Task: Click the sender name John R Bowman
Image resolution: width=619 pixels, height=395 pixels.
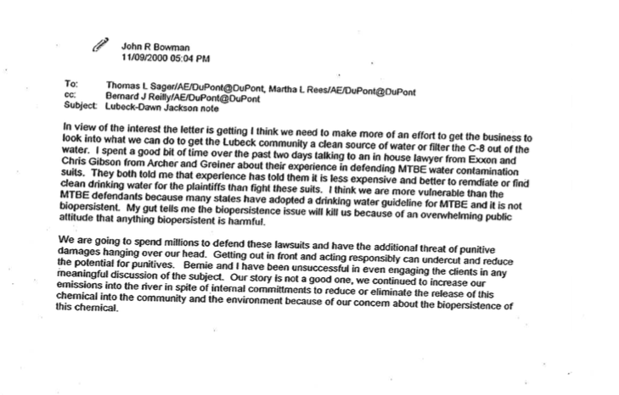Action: (x=156, y=47)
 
